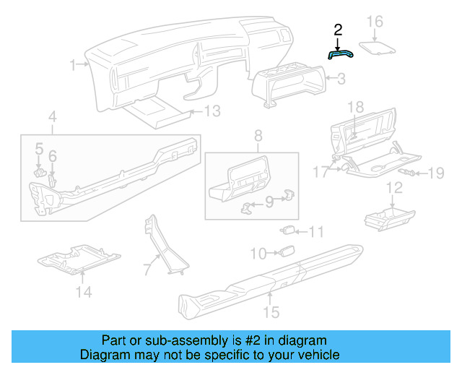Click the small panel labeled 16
coord(378,48)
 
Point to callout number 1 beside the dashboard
coord(74,66)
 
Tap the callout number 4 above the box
coord(53,117)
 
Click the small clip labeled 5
coord(40,171)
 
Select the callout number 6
coord(52,155)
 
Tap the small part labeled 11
coord(287,231)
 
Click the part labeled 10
coord(285,252)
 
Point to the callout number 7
coord(147,270)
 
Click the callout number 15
coord(271,312)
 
